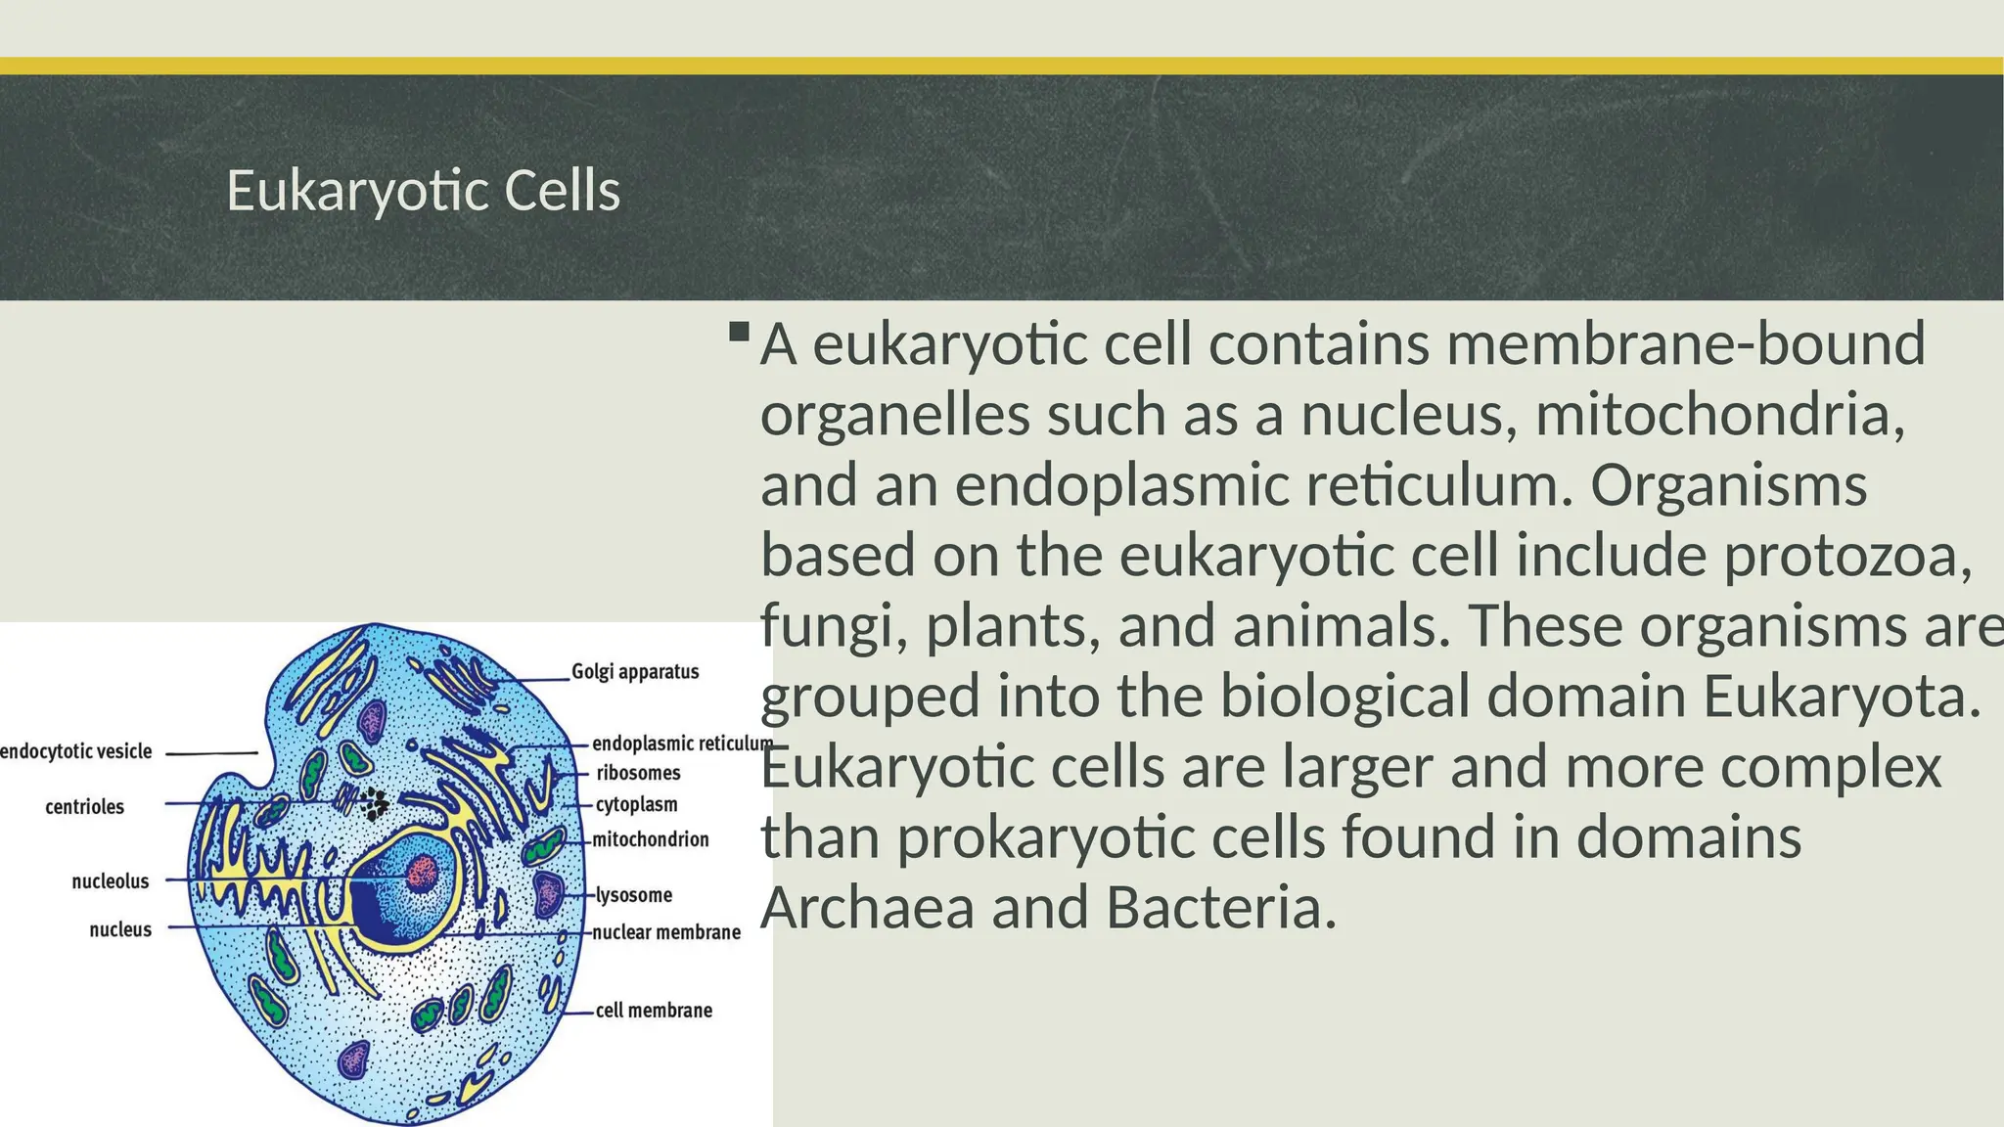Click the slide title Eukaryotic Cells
(x=423, y=191)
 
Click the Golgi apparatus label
(x=635, y=672)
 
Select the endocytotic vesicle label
(x=76, y=751)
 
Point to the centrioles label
(x=84, y=807)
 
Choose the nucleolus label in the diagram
(x=110, y=881)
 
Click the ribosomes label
(x=638, y=773)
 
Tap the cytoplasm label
(x=636, y=804)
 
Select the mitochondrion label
(x=651, y=839)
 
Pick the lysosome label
(x=634, y=895)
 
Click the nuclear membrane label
(x=666, y=932)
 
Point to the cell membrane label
(x=654, y=1011)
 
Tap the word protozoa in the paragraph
(x=1845, y=556)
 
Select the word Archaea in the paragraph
(x=867, y=908)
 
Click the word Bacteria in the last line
(x=1220, y=908)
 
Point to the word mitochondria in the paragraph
(x=1719, y=415)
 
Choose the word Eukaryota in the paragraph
(x=1841, y=697)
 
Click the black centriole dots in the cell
(x=374, y=803)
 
